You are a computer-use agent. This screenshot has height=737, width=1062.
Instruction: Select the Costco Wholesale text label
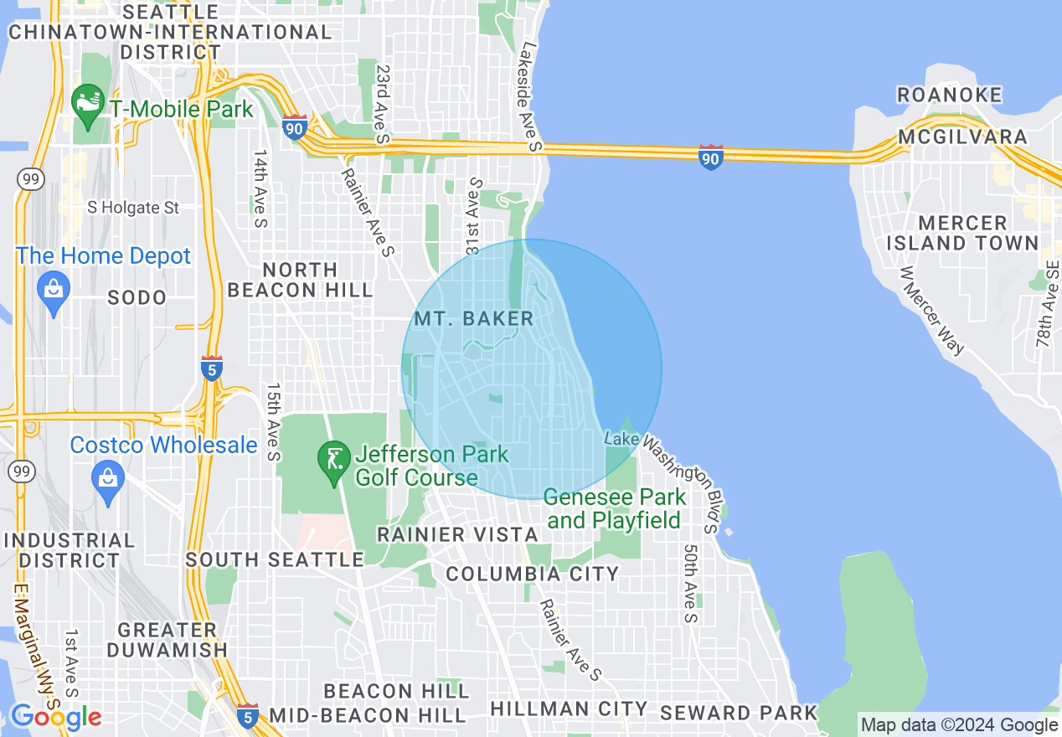click(163, 445)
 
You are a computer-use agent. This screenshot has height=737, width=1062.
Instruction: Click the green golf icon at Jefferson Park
click(333, 460)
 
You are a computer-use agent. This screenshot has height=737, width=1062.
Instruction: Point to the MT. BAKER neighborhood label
click(473, 318)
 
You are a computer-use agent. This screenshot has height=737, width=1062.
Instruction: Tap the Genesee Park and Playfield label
click(615, 508)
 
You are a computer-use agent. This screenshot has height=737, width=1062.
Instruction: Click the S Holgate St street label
click(134, 207)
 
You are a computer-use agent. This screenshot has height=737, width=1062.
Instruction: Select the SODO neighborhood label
click(137, 297)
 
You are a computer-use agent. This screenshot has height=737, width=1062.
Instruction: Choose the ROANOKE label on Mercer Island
click(949, 95)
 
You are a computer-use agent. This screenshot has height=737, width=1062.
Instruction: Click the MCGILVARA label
click(962, 137)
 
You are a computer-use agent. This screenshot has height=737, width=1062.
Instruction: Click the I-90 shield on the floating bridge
click(710, 157)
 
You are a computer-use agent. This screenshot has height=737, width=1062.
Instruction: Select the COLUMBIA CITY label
click(532, 574)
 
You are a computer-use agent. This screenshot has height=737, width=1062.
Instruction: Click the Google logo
click(55, 717)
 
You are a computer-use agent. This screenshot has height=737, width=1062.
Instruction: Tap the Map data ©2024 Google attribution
click(959, 725)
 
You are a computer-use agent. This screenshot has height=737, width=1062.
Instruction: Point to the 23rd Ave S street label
click(384, 104)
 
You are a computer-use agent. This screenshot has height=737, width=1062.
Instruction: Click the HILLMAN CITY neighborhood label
click(569, 709)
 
